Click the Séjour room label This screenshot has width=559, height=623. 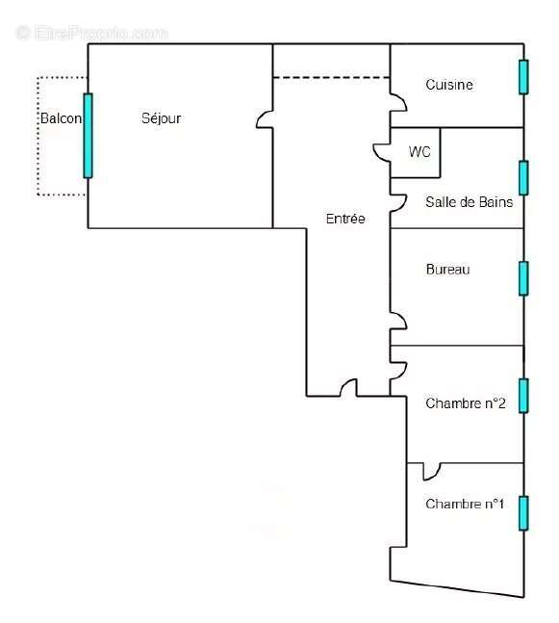click(x=162, y=118)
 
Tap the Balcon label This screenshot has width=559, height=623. click(x=62, y=118)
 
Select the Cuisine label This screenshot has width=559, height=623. click(x=449, y=85)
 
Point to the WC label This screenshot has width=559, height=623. click(x=419, y=152)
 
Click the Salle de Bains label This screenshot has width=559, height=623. click(x=470, y=202)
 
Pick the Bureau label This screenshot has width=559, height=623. click(x=447, y=270)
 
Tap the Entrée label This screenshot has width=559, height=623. click(x=345, y=219)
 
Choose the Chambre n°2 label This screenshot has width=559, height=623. click(x=466, y=403)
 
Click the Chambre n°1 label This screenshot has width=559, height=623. click(x=465, y=504)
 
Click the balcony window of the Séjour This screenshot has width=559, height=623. click(x=88, y=136)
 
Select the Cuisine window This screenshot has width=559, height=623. click(x=523, y=77)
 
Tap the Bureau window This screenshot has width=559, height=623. click(x=523, y=278)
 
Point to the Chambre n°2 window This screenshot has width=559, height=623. click(x=523, y=396)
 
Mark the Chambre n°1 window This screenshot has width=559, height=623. click(x=523, y=513)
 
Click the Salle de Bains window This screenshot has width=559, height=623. click(x=523, y=178)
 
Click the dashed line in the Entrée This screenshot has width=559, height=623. click(x=331, y=77)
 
